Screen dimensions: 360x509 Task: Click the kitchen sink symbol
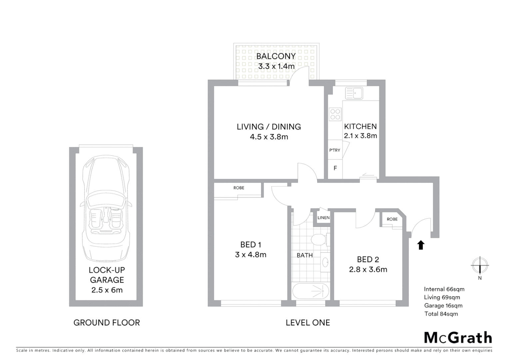354,93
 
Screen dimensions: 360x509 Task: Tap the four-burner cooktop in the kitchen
335,114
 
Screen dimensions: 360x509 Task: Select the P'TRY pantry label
334,150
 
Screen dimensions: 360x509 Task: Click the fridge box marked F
335,168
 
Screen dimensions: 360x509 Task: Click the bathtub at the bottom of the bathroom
310,291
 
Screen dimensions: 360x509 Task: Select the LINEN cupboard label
323,218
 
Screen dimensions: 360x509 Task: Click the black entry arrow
421,245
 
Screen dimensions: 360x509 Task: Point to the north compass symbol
480,266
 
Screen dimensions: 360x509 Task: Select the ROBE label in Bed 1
239,188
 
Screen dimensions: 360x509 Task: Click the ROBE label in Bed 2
392,219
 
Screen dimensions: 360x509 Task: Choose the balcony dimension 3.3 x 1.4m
276,66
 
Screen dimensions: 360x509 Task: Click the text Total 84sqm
441,314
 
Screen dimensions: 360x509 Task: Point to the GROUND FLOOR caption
107,323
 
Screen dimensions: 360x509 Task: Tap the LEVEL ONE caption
308,323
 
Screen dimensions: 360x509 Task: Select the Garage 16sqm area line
443,305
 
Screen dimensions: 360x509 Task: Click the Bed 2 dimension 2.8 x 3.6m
368,269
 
